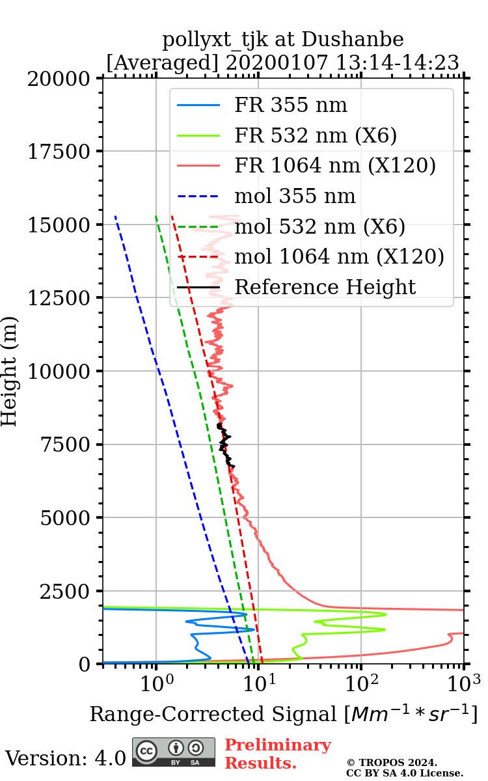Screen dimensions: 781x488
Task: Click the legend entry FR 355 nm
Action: point(291,105)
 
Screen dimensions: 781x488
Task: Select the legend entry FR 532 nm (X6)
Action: point(316,135)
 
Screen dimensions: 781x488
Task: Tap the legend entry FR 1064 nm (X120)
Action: point(334,165)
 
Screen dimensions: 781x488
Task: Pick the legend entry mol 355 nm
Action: point(295,196)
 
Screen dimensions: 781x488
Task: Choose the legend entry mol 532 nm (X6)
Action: point(319,226)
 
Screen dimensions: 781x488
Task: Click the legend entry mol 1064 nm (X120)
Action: point(339,256)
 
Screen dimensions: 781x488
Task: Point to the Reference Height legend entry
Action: point(325,287)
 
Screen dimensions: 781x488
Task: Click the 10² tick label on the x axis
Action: point(362,682)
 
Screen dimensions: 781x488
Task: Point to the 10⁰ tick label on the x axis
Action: point(156,682)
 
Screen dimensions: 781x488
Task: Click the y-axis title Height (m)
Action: point(9,371)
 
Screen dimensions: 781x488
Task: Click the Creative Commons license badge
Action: point(174,752)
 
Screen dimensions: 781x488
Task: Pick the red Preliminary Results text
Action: point(278,754)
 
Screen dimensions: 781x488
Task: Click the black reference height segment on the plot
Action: point(225,446)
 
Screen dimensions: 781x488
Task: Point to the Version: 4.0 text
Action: point(66,758)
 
